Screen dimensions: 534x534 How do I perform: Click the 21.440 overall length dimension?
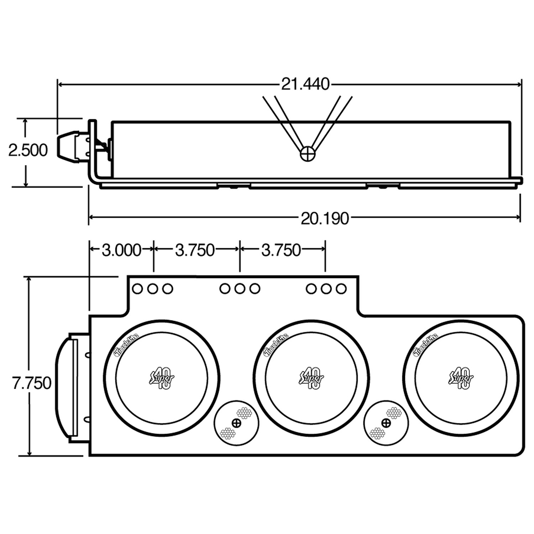[305, 84]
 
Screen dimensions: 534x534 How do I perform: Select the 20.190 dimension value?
[325, 218]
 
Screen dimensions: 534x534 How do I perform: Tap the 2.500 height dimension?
[28, 150]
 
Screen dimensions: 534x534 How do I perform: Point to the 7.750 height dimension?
[32, 383]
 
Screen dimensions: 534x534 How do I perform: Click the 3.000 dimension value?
[121, 250]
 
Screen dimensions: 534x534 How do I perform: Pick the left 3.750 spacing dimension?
[195, 250]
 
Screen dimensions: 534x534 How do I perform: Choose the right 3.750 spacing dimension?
[281, 250]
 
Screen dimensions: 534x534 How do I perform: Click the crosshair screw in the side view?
[308, 154]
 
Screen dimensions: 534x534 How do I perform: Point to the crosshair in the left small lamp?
[236, 423]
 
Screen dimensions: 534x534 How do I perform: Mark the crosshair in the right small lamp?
[386, 423]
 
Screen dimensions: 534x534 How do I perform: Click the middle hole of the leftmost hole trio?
[152, 288]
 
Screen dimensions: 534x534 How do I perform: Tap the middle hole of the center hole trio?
[240, 288]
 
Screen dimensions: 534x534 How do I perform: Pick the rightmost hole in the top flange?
[341, 288]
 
